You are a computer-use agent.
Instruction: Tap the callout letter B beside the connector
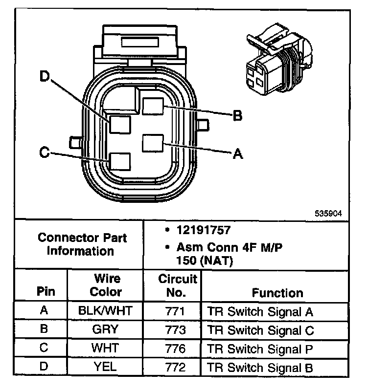(x=237, y=116)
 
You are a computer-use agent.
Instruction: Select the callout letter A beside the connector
(x=237, y=154)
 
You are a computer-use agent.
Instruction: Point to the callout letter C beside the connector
(x=44, y=153)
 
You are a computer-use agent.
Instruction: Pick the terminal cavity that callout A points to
(x=152, y=144)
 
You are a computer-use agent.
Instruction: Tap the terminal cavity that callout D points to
(x=120, y=124)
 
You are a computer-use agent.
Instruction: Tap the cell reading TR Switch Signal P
(x=260, y=349)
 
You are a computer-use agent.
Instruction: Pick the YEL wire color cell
(x=105, y=368)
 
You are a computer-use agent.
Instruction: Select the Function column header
(x=277, y=293)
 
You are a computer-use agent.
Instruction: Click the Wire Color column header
(x=106, y=285)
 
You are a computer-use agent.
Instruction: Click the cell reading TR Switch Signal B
(x=260, y=368)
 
